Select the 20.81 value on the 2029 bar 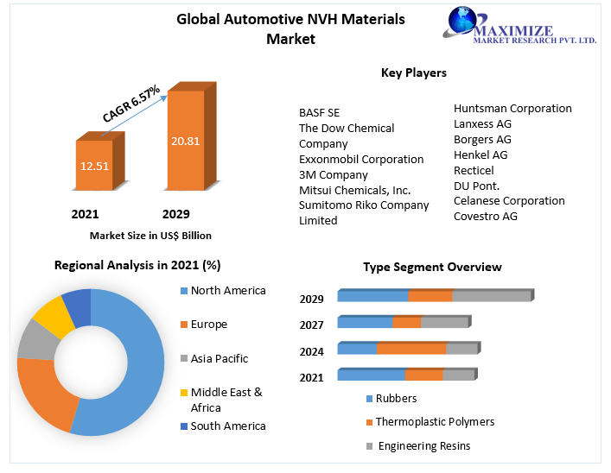point(185,140)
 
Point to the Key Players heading point(413,73)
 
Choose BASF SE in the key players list point(319,112)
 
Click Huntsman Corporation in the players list point(512,108)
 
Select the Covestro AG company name point(485,216)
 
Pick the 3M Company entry point(333,174)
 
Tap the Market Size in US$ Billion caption point(150,235)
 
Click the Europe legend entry point(208,325)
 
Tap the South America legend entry point(227,426)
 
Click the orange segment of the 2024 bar point(411,349)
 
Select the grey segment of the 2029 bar point(491,296)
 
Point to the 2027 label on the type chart point(311,325)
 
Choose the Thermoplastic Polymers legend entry point(435,422)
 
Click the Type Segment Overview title point(432,267)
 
